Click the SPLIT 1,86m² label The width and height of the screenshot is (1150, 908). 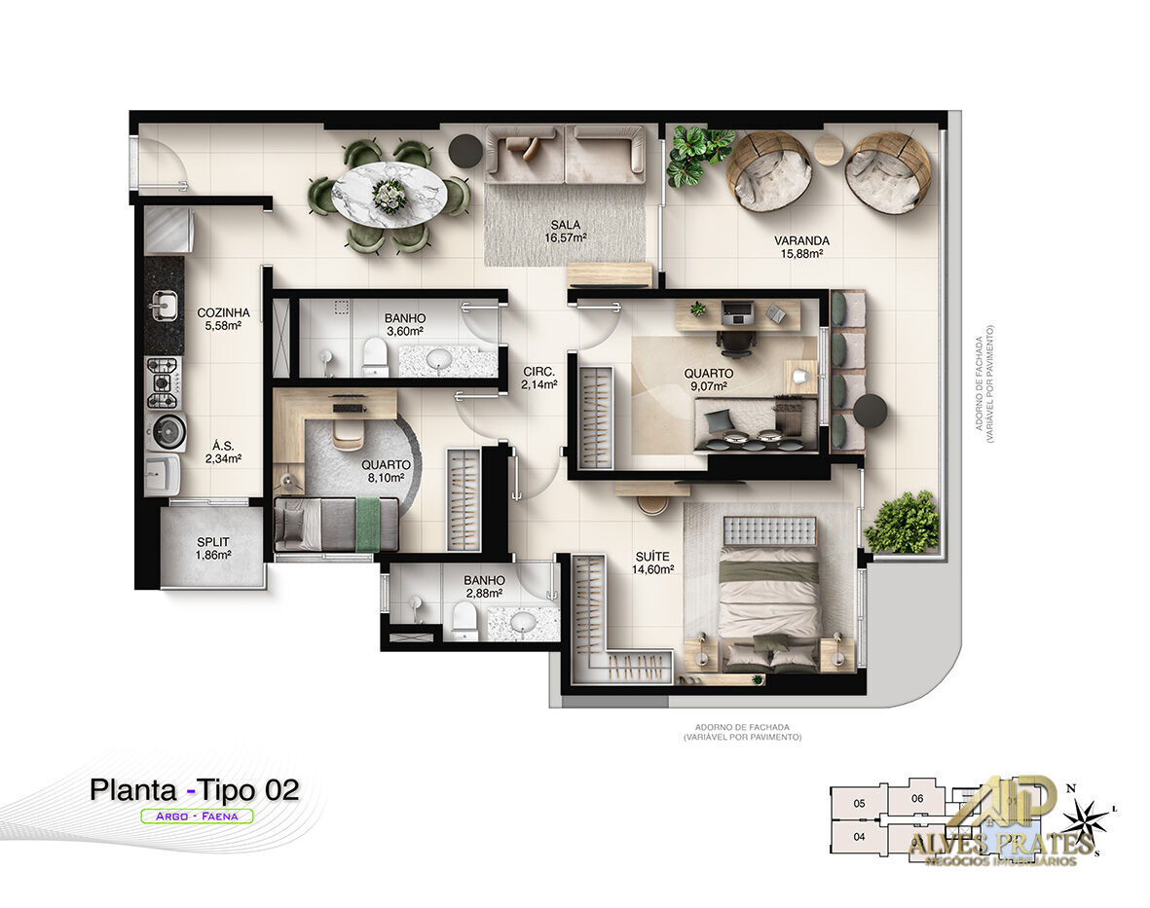click(213, 549)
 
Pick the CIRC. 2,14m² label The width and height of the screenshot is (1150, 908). click(539, 378)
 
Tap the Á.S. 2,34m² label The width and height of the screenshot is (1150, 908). click(223, 453)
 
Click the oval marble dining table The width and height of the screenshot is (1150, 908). click(390, 195)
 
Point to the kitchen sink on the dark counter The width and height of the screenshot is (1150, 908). click(164, 306)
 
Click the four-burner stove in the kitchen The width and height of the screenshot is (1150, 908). click(163, 382)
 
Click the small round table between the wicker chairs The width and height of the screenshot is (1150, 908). click(829, 149)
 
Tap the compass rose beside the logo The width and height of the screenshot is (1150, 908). click(1085, 819)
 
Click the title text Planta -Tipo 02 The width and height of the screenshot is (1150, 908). click(194, 789)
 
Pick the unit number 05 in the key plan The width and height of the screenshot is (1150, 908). click(859, 804)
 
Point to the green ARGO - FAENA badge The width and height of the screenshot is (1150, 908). click(197, 817)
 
